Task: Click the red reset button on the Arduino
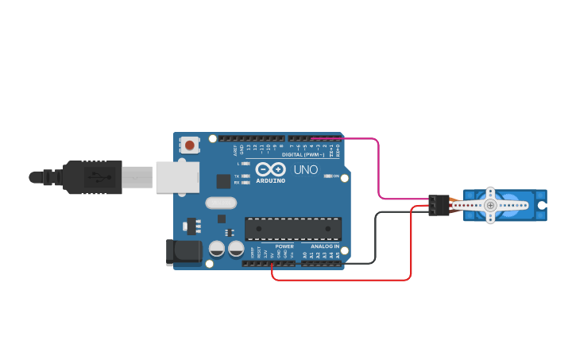(190, 145)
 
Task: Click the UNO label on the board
(305, 170)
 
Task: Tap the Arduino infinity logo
(270, 169)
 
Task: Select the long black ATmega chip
(293, 228)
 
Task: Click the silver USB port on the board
(176, 176)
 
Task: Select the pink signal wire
(378, 171)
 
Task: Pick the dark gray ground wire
(375, 238)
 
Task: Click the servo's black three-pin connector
(438, 205)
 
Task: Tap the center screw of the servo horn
(490, 205)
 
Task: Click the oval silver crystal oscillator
(221, 202)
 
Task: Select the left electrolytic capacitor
(216, 249)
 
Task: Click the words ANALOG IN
(324, 246)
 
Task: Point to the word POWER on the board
(284, 246)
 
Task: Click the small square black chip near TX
(223, 180)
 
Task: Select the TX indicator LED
(245, 176)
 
